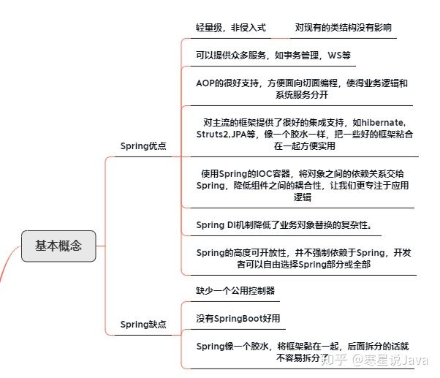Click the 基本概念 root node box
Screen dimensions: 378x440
[x=58, y=246]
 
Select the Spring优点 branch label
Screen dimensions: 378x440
[x=143, y=146]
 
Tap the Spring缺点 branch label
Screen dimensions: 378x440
[x=143, y=325]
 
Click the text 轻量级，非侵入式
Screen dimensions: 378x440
[x=231, y=27]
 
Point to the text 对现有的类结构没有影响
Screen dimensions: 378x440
[x=343, y=27]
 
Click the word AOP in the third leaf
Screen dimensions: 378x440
[x=206, y=83]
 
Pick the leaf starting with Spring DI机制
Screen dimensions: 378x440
[x=288, y=224]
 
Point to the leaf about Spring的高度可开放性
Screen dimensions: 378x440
[x=303, y=258]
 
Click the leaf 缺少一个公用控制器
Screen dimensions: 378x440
[x=235, y=290]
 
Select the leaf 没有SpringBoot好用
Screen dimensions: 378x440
[x=238, y=319]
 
